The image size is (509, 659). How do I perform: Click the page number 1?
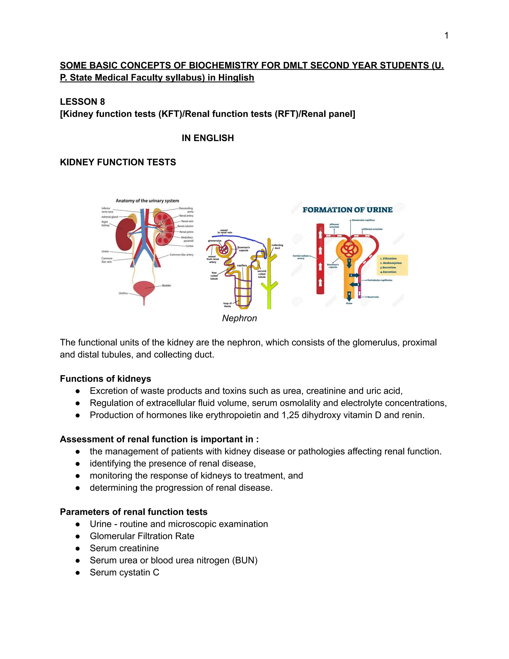(x=446, y=36)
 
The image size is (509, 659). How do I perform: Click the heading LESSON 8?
(x=82, y=102)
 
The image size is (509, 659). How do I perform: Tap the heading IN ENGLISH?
(x=208, y=138)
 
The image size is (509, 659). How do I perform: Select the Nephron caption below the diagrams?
(x=239, y=318)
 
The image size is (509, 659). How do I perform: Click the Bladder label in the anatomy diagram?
(x=167, y=285)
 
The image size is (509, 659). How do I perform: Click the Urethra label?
(x=123, y=293)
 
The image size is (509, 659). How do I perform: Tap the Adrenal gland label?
(x=110, y=217)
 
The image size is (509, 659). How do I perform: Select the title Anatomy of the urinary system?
(x=147, y=201)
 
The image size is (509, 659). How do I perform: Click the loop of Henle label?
(x=227, y=305)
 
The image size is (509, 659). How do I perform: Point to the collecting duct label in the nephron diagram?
(x=277, y=246)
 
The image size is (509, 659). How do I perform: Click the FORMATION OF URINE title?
(x=347, y=210)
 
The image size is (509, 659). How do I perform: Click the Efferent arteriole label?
(x=373, y=229)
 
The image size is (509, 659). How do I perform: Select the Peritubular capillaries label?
(x=380, y=280)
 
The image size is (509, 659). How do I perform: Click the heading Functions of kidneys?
(x=105, y=379)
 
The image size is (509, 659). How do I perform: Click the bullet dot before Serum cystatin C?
(x=78, y=572)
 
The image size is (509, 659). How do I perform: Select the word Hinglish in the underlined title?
(x=236, y=78)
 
